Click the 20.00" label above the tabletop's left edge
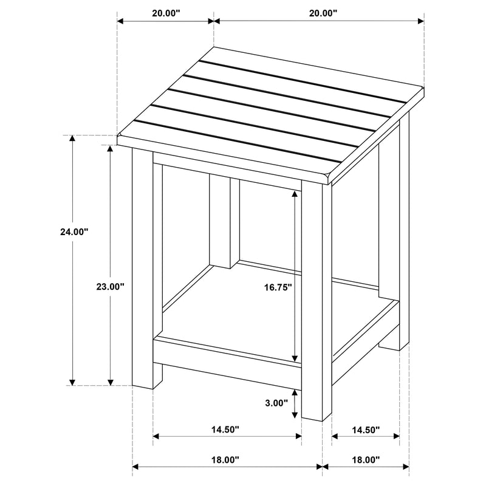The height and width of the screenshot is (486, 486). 165,12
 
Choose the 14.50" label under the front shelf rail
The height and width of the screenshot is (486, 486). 225,430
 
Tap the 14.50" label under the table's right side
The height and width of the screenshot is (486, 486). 365,430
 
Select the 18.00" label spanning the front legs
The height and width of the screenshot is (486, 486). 225,460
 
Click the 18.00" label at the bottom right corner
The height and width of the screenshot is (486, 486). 365,460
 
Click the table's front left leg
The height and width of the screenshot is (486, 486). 143,267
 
